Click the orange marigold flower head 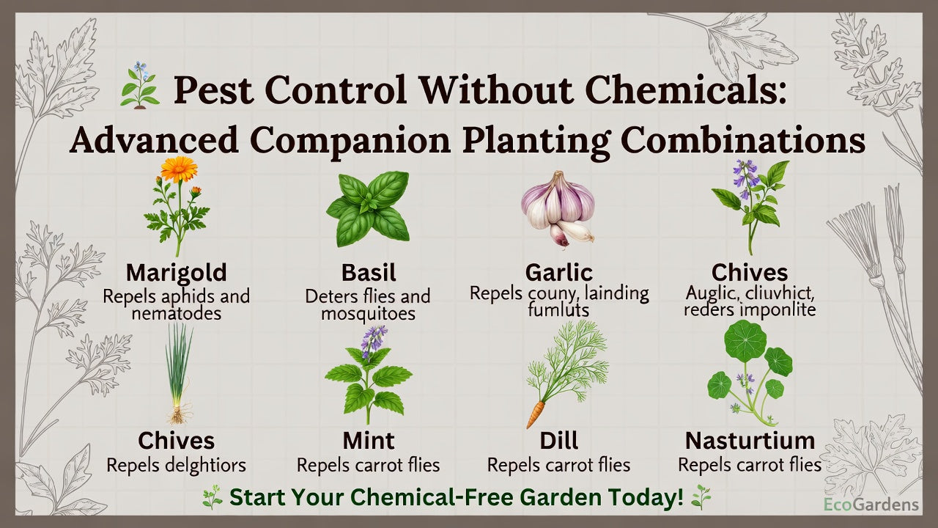point(179,169)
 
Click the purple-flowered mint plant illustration point(369,374)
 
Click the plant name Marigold point(176,273)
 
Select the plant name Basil point(369,273)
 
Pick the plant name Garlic point(558,273)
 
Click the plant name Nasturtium point(750,441)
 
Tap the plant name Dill point(558,441)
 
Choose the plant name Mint point(369,441)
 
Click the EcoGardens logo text point(871,505)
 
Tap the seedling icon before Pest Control point(140,86)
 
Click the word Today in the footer point(646,497)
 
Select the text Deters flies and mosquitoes point(368,305)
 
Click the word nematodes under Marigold point(177,314)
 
